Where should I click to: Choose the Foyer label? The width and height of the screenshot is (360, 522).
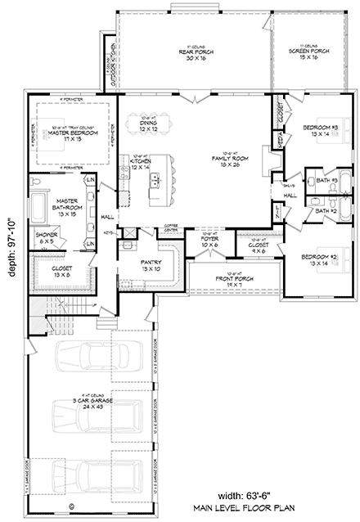pos(210,243)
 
